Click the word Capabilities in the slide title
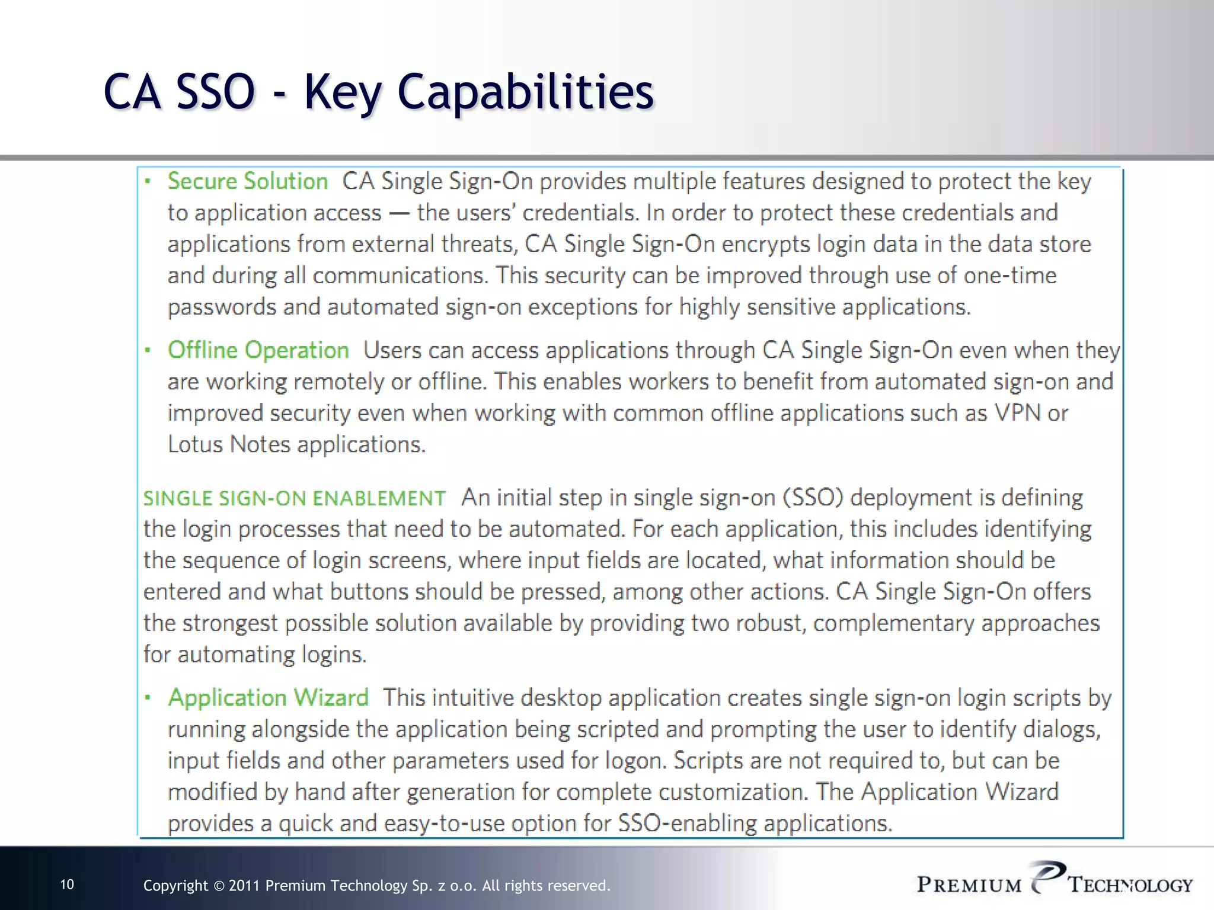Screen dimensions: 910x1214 (x=526, y=92)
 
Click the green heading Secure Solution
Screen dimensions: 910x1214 (x=247, y=181)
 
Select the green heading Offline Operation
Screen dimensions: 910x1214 (x=258, y=350)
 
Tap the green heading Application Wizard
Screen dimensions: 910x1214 (x=268, y=697)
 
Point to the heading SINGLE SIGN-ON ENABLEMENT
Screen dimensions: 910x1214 (x=294, y=498)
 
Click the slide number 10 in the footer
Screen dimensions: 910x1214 (x=68, y=885)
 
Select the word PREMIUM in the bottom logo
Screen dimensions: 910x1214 (x=969, y=885)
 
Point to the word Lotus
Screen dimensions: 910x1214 (x=195, y=444)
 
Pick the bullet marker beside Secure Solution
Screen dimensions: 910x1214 (x=148, y=182)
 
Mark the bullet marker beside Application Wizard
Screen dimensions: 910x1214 (x=148, y=698)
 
